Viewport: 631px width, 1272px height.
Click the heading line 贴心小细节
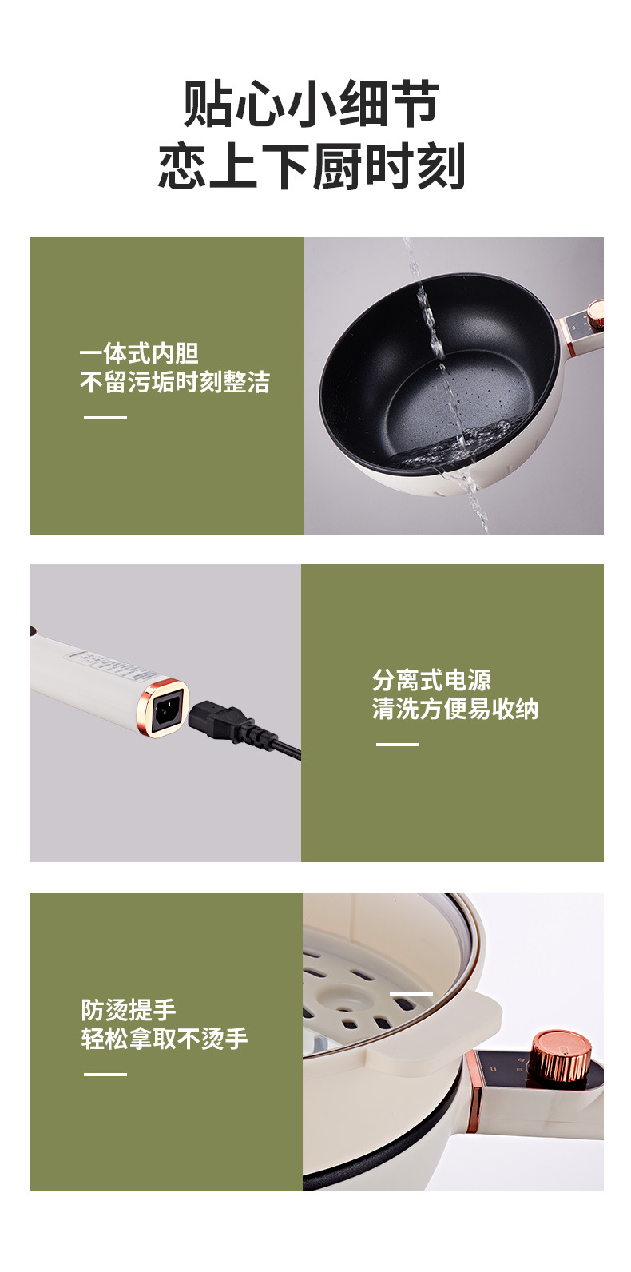pyautogui.click(x=312, y=104)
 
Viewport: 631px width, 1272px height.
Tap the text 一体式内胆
pyautogui.click(x=139, y=353)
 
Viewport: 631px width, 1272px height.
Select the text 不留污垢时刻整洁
pyautogui.click(x=175, y=382)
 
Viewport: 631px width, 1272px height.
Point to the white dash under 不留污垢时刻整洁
pyautogui.click(x=105, y=417)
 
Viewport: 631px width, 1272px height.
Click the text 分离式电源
pyautogui.click(x=431, y=680)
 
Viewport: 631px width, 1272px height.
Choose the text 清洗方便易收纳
pyautogui.click(x=455, y=709)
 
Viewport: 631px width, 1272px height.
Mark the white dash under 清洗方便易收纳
pyautogui.click(x=398, y=745)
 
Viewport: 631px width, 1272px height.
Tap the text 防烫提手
pyautogui.click(x=129, y=1010)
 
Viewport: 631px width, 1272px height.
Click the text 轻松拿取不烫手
pyautogui.click(x=165, y=1039)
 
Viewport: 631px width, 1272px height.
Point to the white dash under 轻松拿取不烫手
pyautogui.click(x=105, y=1075)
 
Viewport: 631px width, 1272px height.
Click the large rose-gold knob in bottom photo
pyautogui.click(x=561, y=1055)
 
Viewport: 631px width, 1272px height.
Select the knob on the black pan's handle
pyautogui.click(x=595, y=311)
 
